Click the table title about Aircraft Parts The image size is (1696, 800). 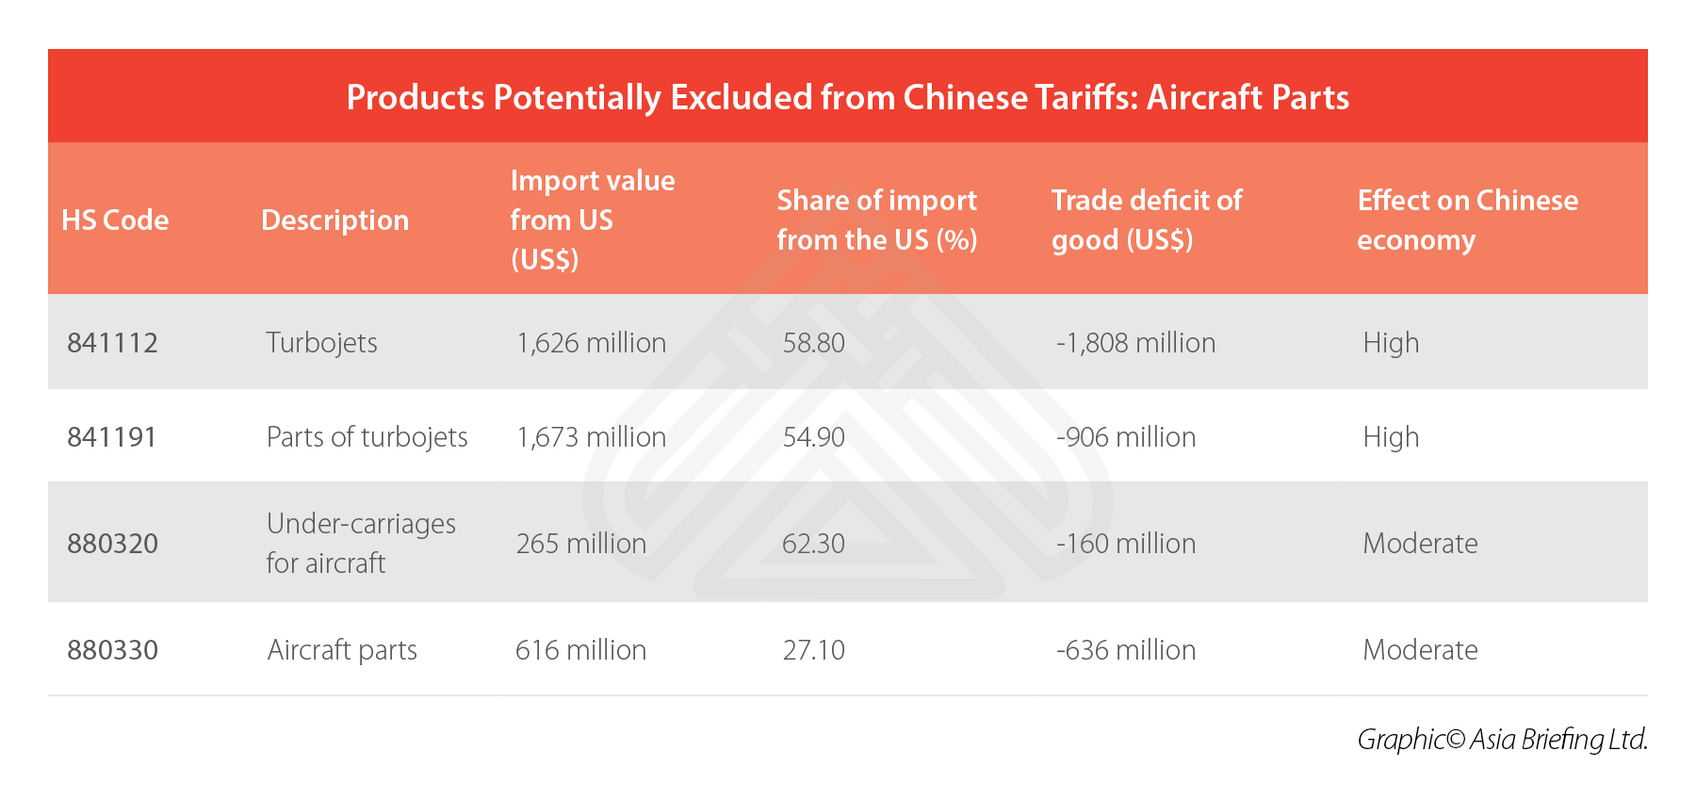(x=847, y=97)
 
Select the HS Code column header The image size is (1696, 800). (x=115, y=220)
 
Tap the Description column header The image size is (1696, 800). (x=334, y=220)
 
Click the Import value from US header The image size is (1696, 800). (x=592, y=220)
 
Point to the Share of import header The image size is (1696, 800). (x=876, y=220)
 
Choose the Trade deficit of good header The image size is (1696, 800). (x=1146, y=220)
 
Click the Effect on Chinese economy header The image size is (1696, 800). (x=1467, y=220)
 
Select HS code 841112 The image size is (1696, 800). (x=112, y=342)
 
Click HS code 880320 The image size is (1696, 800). (x=112, y=543)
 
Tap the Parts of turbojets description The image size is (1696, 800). (x=367, y=436)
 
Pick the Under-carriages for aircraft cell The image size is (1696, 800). (x=361, y=543)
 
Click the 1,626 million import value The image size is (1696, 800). (x=591, y=342)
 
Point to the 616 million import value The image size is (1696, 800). (x=580, y=649)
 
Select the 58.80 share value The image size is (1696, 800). (x=813, y=342)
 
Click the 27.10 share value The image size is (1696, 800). (x=813, y=649)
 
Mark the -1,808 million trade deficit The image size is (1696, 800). (x=1135, y=342)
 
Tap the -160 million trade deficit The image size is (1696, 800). (x=1126, y=543)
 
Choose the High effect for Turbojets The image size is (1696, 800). (x=1391, y=342)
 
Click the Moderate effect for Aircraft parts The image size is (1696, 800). (x=1420, y=649)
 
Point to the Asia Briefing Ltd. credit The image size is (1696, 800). (x=1502, y=739)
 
